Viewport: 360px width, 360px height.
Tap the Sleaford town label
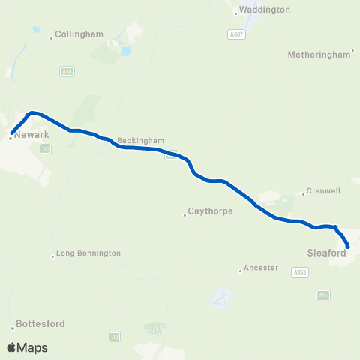(325, 253)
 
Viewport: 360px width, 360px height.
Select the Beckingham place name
(140, 141)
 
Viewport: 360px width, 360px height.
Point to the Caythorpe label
(211, 211)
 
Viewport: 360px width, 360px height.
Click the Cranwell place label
(324, 192)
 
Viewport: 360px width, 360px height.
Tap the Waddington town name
(265, 10)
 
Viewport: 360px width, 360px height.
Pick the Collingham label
(79, 34)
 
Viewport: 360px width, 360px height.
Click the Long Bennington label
(88, 253)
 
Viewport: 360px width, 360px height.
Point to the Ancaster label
(262, 268)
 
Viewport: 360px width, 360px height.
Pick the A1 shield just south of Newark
(46, 150)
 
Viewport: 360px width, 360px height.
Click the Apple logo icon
(11, 347)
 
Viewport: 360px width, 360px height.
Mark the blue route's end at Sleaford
(348, 246)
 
